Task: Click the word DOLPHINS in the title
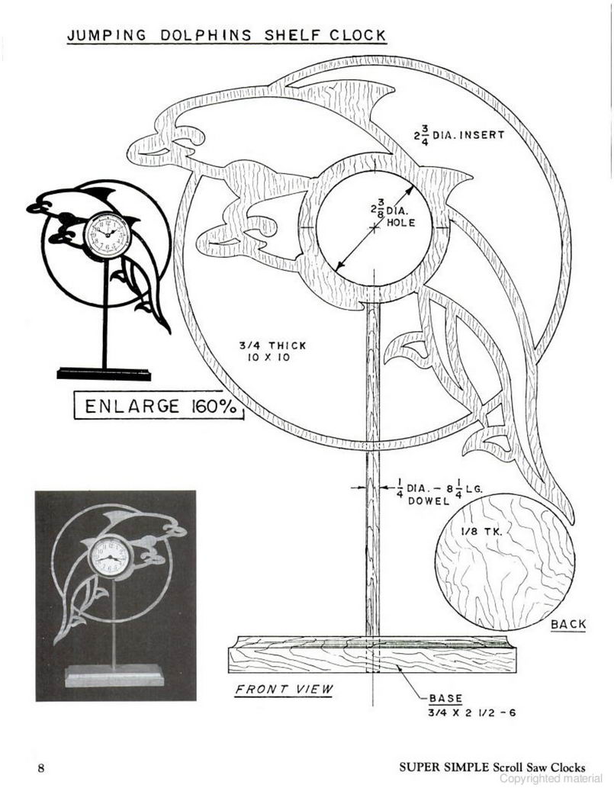pyautogui.click(x=206, y=35)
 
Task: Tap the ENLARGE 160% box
pyautogui.click(x=159, y=406)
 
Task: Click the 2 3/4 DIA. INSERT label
pyautogui.click(x=458, y=136)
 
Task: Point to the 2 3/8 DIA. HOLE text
pyautogui.click(x=394, y=216)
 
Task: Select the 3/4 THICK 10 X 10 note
pyautogui.click(x=272, y=351)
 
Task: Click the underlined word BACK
pyautogui.click(x=568, y=624)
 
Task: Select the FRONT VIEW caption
pyautogui.click(x=284, y=689)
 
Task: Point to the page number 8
pyautogui.click(x=41, y=767)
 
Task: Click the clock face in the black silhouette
pyautogui.click(x=108, y=236)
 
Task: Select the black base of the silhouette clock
pyautogui.click(x=104, y=374)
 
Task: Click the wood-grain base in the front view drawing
pyautogui.click(x=372, y=654)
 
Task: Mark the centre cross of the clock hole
pyautogui.click(x=375, y=228)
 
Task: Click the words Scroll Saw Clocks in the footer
pyautogui.click(x=539, y=767)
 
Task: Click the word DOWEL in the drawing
pyautogui.click(x=428, y=501)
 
